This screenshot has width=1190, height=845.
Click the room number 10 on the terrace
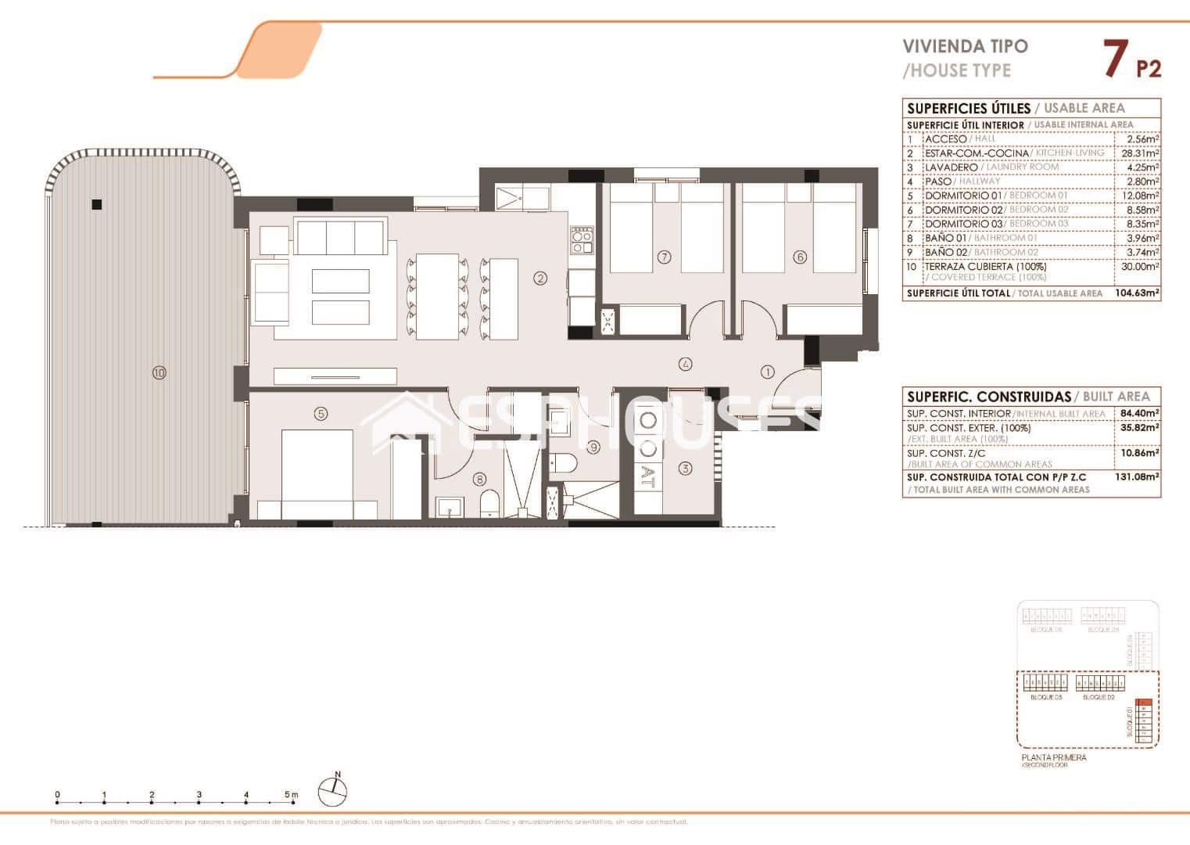[x=160, y=373]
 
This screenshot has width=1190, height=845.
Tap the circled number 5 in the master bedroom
[x=320, y=414]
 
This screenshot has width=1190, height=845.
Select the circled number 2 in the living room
[x=539, y=277]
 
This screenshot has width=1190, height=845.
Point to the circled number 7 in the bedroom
[x=665, y=257]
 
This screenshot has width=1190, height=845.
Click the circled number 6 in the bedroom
[x=799, y=257]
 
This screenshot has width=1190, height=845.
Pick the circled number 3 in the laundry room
[x=685, y=469]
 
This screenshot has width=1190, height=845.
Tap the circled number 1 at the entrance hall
[x=767, y=372]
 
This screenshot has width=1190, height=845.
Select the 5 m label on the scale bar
[x=291, y=795]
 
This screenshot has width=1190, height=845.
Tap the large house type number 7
[x=1115, y=59]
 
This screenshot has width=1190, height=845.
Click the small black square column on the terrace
[x=96, y=205]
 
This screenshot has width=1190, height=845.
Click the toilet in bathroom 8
[x=489, y=504]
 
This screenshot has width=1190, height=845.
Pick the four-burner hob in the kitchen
[x=582, y=239]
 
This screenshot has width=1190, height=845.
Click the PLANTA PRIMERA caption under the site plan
[x=1053, y=757]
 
